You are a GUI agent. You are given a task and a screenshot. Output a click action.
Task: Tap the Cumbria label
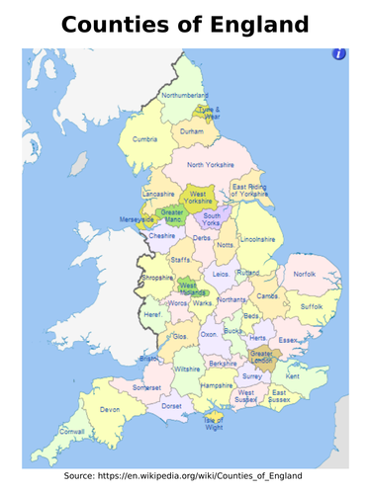click(x=145, y=139)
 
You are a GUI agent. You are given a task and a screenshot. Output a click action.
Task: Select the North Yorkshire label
click(x=211, y=165)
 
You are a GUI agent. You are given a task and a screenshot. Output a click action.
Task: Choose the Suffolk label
click(x=312, y=307)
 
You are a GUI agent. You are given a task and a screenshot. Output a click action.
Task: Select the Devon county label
click(x=109, y=409)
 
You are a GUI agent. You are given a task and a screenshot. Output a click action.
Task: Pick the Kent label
click(x=293, y=376)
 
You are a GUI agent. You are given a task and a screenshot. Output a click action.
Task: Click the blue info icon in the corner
click(x=338, y=54)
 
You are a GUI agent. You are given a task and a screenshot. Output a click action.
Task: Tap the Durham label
click(x=192, y=130)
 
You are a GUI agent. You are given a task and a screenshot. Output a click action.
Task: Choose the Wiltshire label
click(x=187, y=369)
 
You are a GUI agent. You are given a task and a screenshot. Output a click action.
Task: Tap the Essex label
click(x=288, y=340)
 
